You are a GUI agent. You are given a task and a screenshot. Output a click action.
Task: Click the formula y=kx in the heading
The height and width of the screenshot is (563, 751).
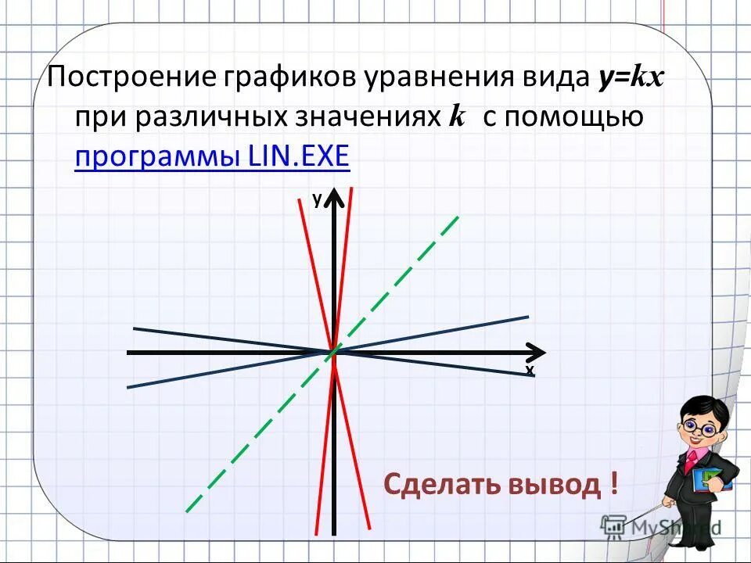(631, 79)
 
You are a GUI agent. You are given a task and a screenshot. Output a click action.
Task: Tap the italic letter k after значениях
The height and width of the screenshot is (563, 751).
(457, 117)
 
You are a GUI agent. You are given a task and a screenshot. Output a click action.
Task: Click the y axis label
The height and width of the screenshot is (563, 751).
(317, 200)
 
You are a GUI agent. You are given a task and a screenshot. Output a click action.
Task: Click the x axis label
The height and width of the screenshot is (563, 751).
(530, 370)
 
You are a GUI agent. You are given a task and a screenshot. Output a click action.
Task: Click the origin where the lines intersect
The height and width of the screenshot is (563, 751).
(333, 353)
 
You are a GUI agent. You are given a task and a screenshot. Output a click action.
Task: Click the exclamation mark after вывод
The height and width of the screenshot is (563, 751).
(614, 484)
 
